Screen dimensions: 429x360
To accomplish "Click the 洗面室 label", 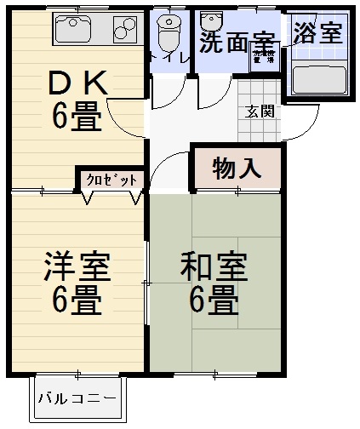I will pyautogui.click(x=236, y=41).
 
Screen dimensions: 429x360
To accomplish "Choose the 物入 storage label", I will pyautogui.click(x=235, y=169).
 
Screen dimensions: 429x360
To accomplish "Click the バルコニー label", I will pyautogui.click(x=78, y=397).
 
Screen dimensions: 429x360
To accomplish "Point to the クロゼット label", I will pyautogui.click(x=111, y=180).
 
